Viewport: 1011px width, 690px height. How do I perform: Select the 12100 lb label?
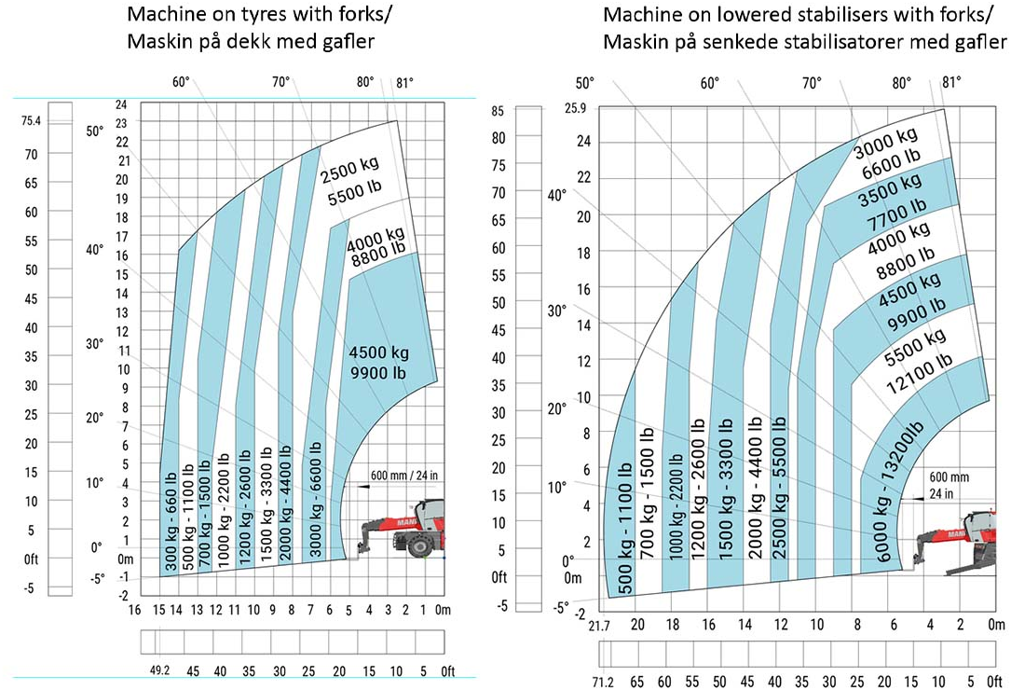point(919,360)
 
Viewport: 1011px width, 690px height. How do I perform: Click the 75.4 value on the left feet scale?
point(32,120)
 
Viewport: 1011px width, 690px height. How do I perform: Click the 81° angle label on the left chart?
point(403,82)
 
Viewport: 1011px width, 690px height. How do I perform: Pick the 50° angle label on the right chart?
point(585,83)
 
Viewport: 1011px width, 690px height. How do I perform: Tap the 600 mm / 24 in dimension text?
point(403,476)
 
